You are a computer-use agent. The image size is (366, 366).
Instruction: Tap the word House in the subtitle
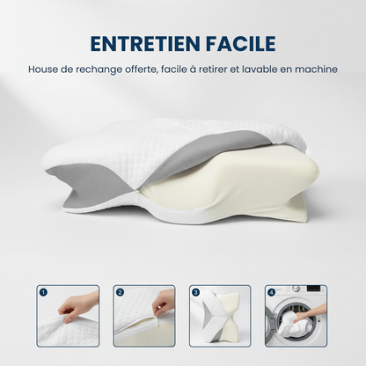(x=44, y=69)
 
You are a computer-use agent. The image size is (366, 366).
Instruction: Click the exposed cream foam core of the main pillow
(x=246, y=180)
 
